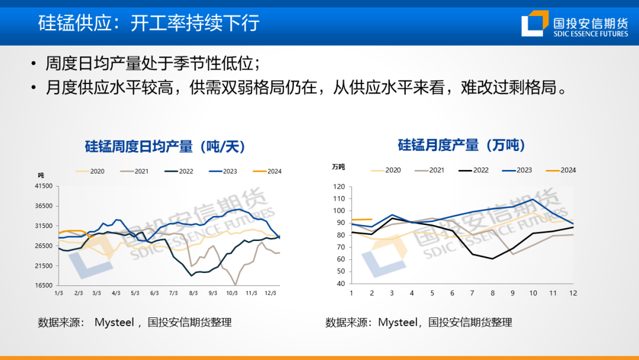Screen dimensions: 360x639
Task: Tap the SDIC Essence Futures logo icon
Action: (534, 24)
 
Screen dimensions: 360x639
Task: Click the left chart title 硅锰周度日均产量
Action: (165, 146)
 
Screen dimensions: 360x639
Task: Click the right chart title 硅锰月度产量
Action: (461, 145)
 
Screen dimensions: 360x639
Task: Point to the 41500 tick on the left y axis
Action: (45, 186)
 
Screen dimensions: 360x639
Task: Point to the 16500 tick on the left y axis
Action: (45, 285)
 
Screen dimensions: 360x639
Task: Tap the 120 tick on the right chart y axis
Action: (339, 187)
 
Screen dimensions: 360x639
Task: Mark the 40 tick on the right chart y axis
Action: (341, 283)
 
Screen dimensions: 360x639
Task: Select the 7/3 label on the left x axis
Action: (173, 293)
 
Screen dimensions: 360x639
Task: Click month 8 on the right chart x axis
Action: (492, 293)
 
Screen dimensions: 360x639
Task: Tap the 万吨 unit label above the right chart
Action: (338, 167)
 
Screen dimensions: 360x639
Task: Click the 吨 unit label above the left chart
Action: (41, 175)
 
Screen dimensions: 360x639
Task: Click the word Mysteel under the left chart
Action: (115, 323)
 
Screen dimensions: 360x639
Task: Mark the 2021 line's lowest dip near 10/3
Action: (235, 285)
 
